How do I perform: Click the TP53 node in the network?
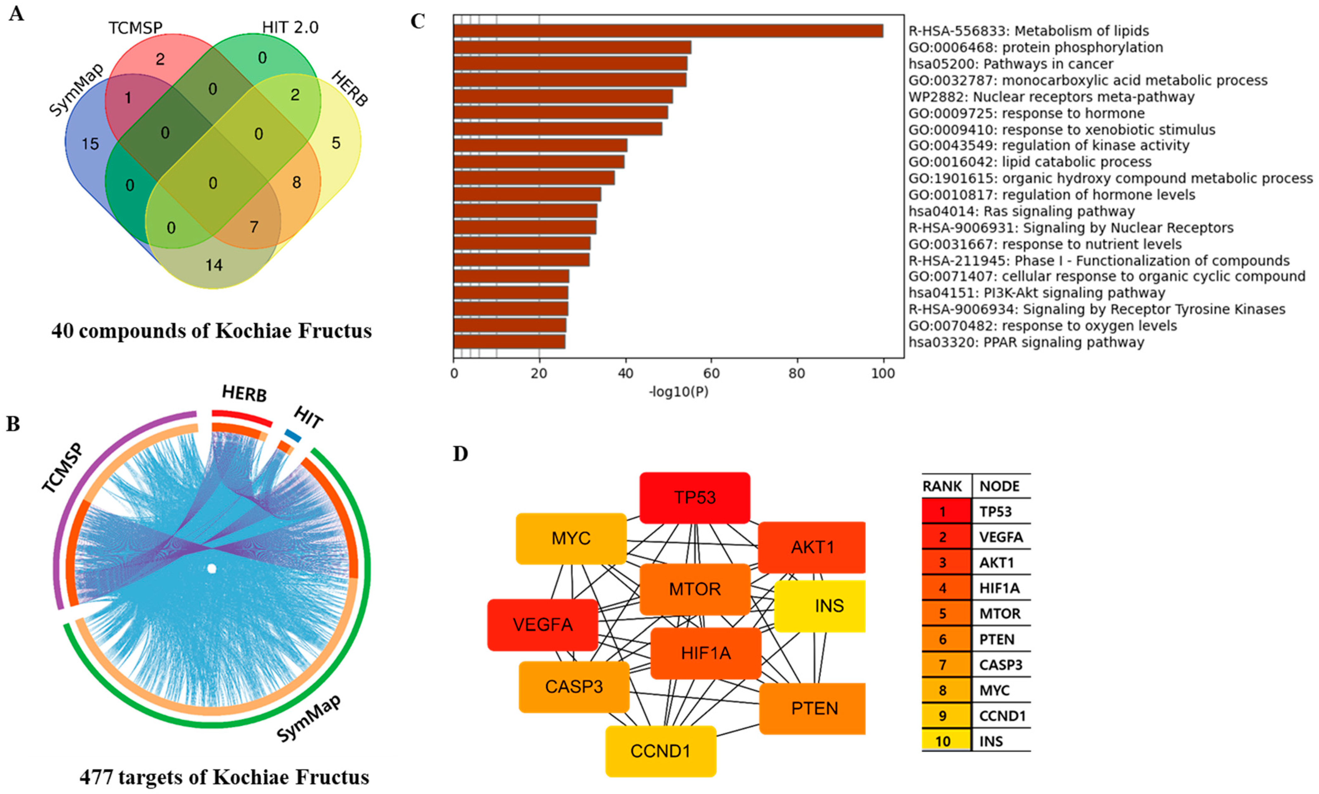tap(694, 498)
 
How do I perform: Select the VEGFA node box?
tap(542, 624)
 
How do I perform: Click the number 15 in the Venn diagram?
tap(90, 144)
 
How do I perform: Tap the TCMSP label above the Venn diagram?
tap(135, 27)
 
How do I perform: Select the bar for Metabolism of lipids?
tap(668, 31)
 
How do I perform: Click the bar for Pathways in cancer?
tap(570, 64)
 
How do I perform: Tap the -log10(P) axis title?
tap(678, 392)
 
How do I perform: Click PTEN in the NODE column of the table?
tap(997, 639)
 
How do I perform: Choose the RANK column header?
tap(942, 486)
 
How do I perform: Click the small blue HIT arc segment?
tap(292, 435)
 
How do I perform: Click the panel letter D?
tap(460, 454)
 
